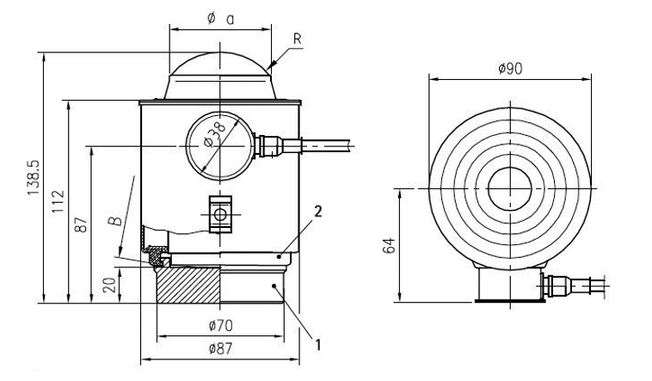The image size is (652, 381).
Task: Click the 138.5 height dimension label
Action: point(34,178)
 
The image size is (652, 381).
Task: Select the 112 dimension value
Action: point(58,202)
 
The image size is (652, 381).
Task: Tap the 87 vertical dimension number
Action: point(83,225)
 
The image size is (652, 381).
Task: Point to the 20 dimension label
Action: point(109,286)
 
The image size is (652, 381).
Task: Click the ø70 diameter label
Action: point(220,326)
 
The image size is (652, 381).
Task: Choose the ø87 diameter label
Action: point(220,348)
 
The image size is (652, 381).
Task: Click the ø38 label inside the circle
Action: point(215,135)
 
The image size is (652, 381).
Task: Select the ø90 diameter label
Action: point(510,68)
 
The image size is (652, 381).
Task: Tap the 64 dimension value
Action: point(390,245)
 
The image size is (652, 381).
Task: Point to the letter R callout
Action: point(297,39)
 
